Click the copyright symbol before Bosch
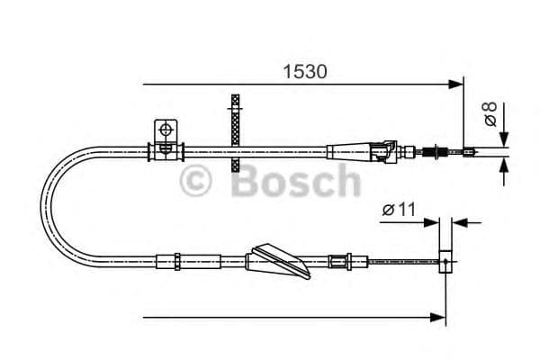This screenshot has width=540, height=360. pos(195,181)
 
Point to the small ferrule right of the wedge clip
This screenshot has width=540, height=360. pos(339,263)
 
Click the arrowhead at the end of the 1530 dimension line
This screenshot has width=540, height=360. pos(456,85)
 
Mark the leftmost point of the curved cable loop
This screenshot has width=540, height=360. pos(43,205)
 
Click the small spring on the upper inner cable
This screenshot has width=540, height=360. pos(441,152)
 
